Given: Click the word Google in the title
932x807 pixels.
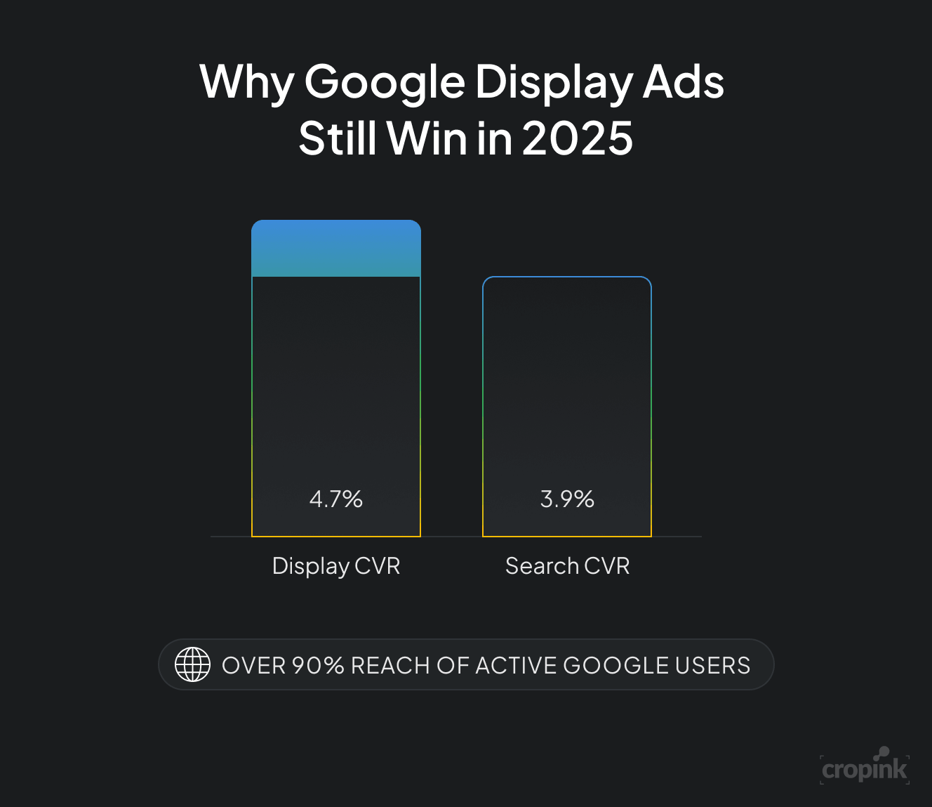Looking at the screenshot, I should [385, 83].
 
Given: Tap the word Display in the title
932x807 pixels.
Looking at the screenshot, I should [554, 83].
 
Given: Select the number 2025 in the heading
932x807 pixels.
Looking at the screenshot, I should [577, 138].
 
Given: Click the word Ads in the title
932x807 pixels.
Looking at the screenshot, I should [684, 83].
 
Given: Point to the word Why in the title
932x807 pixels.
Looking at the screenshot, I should [246, 83].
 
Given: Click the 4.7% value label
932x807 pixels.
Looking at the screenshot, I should [336, 499].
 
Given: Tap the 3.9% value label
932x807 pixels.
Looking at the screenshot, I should [567, 499].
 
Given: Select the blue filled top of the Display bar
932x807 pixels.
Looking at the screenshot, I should [336, 249].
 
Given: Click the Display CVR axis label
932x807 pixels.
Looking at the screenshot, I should [336, 566].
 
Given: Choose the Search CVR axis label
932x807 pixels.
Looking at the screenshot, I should [567, 566].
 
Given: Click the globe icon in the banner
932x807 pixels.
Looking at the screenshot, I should [192, 664].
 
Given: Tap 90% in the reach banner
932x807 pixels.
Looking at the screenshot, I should [318, 666].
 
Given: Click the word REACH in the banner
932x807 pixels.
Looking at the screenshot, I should [390, 666].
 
